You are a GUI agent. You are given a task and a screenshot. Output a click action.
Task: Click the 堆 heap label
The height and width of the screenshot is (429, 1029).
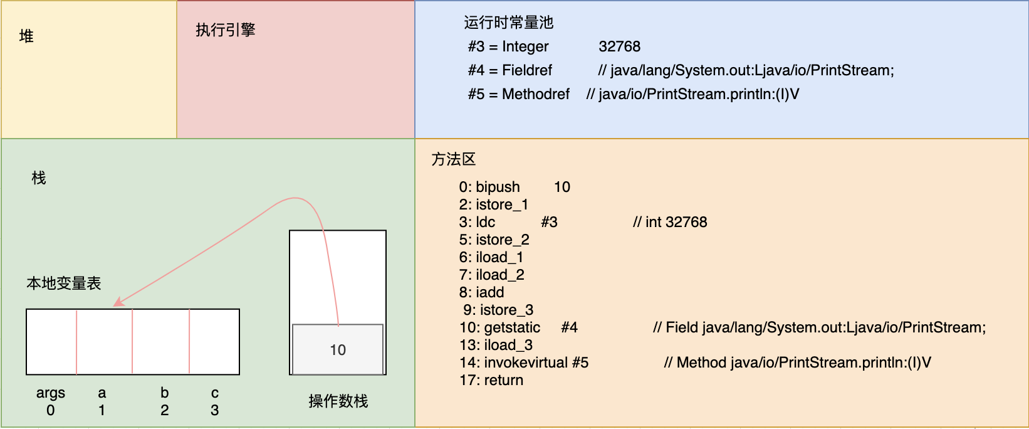(x=26, y=36)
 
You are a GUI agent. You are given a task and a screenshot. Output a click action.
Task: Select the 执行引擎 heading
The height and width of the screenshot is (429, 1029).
(x=225, y=30)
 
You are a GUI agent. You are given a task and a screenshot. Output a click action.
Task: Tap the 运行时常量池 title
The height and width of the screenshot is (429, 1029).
(x=508, y=23)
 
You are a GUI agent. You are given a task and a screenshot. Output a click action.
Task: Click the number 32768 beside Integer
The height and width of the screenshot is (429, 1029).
(x=619, y=46)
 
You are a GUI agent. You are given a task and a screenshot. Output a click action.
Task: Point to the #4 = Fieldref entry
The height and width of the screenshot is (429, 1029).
(x=510, y=70)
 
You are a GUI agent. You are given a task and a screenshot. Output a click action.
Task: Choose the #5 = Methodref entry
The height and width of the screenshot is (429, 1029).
(x=519, y=94)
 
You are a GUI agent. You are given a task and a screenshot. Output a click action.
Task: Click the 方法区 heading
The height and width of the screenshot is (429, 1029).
(x=454, y=159)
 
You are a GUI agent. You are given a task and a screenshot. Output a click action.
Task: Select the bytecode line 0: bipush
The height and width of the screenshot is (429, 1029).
(x=489, y=187)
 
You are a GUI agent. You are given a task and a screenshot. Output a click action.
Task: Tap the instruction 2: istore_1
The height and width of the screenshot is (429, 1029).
(x=493, y=204)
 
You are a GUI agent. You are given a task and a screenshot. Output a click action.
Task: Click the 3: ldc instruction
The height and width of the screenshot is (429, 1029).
(x=477, y=222)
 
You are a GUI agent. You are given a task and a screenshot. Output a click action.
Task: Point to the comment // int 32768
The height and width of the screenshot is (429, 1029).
(x=670, y=222)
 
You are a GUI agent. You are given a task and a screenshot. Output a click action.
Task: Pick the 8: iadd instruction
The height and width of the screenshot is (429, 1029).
(x=481, y=292)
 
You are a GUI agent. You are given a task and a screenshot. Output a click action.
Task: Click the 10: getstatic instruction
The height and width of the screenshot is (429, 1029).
(x=500, y=327)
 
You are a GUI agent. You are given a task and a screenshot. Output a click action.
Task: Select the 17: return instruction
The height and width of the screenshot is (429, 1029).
(x=491, y=380)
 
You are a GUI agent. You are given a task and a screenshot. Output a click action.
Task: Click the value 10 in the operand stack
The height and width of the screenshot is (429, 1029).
(x=338, y=350)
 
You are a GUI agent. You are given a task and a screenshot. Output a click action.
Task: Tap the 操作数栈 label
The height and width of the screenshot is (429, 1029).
(x=338, y=401)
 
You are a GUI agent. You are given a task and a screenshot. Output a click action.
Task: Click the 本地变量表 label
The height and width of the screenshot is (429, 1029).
(x=63, y=283)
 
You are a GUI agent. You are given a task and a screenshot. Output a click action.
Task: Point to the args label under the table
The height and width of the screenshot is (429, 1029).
(x=51, y=393)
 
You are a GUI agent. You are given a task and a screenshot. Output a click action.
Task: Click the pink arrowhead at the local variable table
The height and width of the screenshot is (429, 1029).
(x=118, y=302)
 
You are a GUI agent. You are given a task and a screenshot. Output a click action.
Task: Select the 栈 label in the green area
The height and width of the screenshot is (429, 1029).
(x=39, y=178)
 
